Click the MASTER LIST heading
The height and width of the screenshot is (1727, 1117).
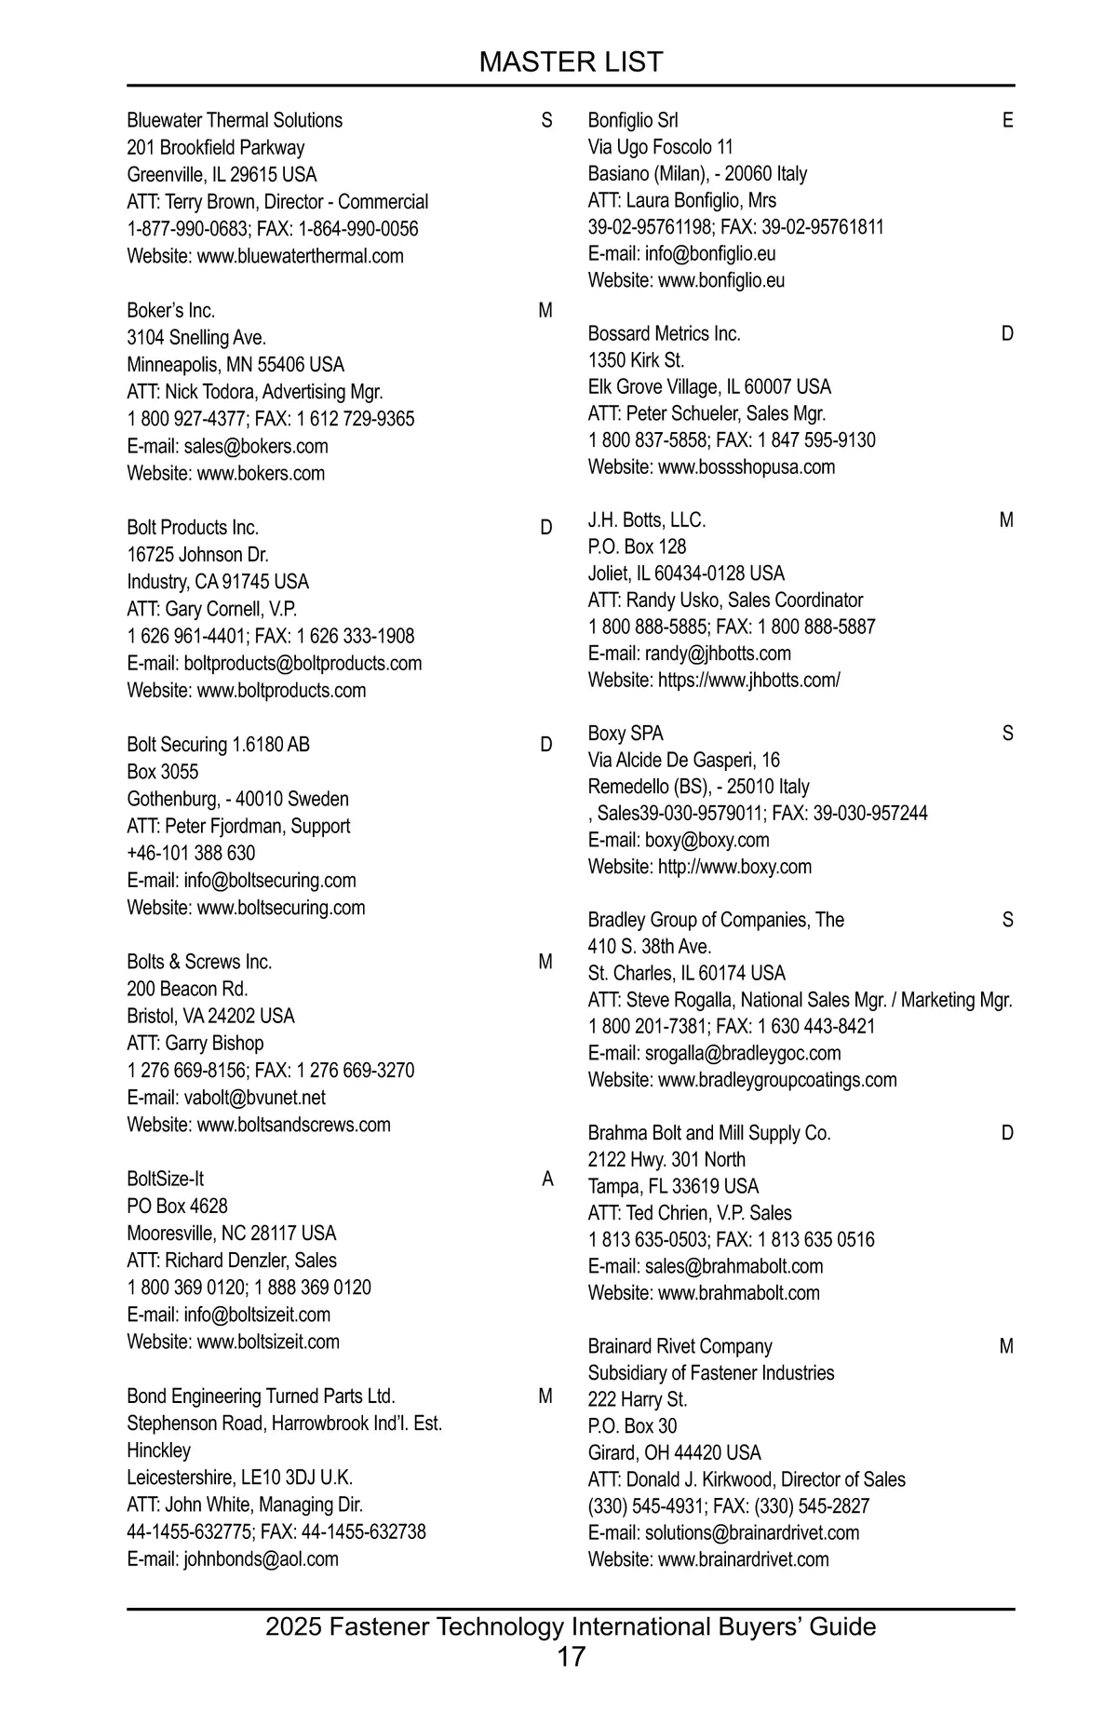point(571,62)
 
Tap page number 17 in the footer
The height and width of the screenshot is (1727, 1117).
point(571,1656)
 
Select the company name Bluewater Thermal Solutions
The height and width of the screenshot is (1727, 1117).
point(235,120)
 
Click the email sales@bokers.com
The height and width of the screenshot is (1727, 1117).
point(256,446)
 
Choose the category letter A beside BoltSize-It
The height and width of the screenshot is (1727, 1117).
point(547,1180)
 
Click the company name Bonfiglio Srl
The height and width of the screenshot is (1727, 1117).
point(633,120)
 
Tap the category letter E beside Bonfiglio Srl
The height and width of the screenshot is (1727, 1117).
point(1007,120)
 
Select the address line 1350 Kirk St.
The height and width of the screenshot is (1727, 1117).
point(636,360)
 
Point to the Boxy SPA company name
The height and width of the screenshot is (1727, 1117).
point(626,734)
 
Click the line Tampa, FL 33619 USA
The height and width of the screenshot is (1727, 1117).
point(673,1186)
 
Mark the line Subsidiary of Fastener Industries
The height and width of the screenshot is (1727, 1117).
point(711,1372)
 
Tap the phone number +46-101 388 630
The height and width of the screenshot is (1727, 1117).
point(191,853)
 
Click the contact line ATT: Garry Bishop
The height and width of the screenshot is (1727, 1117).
point(195,1043)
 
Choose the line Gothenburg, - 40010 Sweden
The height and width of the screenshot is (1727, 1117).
point(238,799)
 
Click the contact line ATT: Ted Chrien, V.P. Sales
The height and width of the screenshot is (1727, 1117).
point(690,1213)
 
